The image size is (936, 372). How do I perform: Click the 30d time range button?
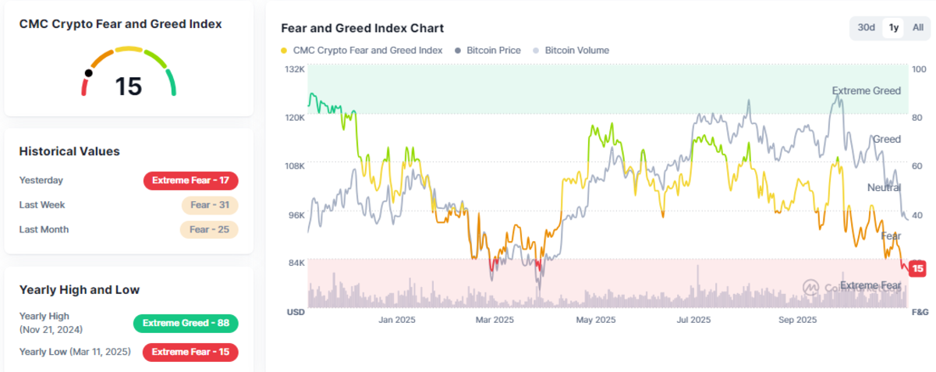pyautogui.click(x=866, y=27)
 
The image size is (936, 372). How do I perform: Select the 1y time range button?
pyautogui.click(x=894, y=27)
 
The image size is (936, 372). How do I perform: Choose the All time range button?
pyautogui.click(x=917, y=27)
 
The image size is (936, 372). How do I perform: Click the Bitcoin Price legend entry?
pyautogui.click(x=491, y=50)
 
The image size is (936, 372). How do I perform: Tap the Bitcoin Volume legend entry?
pyautogui.click(x=576, y=50)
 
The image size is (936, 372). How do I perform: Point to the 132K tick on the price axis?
pyautogui.click(x=295, y=69)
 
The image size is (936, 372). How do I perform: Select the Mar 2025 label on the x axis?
pyautogui.click(x=495, y=320)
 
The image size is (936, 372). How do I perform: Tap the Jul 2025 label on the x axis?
pyautogui.click(x=693, y=320)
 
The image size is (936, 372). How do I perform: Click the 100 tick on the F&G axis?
pyautogui.click(x=919, y=69)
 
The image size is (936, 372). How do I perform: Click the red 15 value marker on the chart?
pyautogui.click(x=918, y=268)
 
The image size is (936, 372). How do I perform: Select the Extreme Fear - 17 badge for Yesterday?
pyautogui.click(x=191, y=180)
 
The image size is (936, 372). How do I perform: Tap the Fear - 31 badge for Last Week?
pyautogui.click(x=209, y=205)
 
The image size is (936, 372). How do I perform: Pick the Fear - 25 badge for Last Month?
pyautogui.click(x=209, y=229)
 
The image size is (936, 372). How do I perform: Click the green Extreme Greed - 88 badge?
pyautogui.click(x=186, y=323)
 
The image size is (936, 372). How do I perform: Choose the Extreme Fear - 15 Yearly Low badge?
pyautogui.click(x=190, y=352)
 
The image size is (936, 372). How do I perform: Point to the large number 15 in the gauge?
pyautogui.click(x=129, y=86)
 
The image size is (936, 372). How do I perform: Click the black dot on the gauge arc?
pyautogui.click(x=89, y=73)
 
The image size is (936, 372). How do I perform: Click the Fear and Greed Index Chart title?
pyautogui.click(x=362, y=28)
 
